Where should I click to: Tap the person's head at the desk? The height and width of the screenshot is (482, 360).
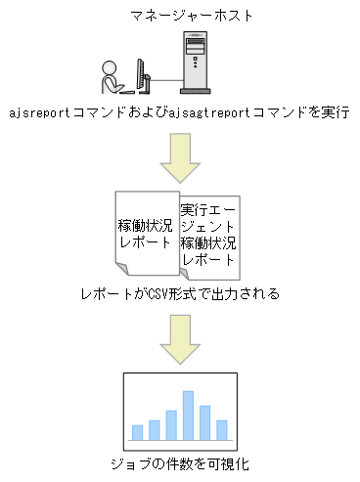(x=110, y=68)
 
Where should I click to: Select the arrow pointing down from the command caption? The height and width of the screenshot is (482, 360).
(x=179, y=158)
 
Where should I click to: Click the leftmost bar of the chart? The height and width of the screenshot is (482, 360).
(x=137, y=433)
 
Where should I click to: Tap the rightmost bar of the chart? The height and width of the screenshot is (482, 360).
(x=222, y=430)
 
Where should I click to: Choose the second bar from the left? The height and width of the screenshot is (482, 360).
(x=154, y=430)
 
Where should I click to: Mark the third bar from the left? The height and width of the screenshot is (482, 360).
(x=171, y=425)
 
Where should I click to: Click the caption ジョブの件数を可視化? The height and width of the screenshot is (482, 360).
(x=179, y=464)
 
